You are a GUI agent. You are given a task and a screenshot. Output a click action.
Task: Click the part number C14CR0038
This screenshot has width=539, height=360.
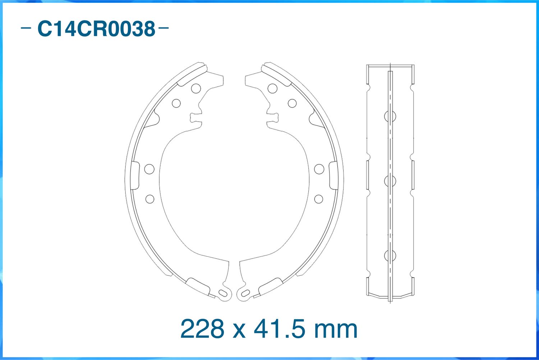point(96,29)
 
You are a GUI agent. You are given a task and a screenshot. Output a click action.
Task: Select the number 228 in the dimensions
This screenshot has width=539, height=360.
point(202,329)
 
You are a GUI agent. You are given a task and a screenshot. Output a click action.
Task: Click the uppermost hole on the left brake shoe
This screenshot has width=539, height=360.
point(196,88)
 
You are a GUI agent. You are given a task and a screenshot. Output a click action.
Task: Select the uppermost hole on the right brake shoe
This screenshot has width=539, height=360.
point(272,88)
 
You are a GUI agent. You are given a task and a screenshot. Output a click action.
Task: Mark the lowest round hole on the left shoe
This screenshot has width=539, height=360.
point(150,199)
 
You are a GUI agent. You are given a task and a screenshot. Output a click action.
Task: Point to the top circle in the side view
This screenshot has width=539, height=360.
point(390,116)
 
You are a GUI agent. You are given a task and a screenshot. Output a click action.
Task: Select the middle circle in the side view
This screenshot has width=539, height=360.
point(390,181)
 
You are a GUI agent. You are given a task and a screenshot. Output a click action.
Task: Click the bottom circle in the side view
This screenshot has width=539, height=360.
point(390,255)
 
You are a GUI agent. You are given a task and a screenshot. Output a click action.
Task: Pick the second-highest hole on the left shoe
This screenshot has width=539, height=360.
point(176,104)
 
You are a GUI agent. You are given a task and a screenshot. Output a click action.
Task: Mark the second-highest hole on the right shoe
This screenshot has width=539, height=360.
point(292,104)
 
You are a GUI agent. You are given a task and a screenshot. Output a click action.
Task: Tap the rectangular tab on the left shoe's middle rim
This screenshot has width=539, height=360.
point(135,175)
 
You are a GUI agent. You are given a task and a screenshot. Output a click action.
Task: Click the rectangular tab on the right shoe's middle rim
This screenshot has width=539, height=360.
point(333,175)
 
